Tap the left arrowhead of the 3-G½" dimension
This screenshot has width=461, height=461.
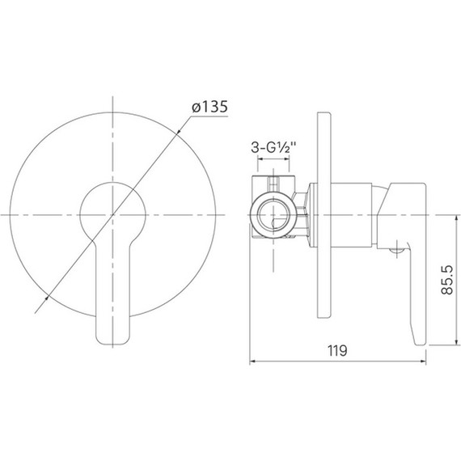[260, 171]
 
